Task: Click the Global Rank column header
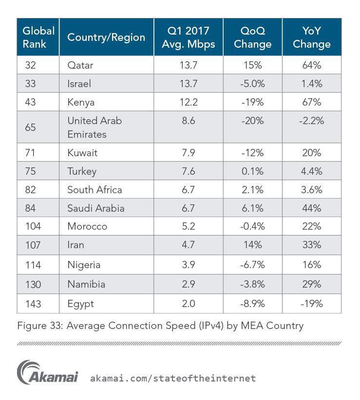[38, 37]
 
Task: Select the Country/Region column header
[106, 37]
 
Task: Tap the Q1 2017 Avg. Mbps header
[188, 37]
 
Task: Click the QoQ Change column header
[252, 37]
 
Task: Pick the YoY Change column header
[312, 37]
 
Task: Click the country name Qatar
[80, 65]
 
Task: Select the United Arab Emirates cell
[95, 127]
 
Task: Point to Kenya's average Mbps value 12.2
[188, 102]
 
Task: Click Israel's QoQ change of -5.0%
[252, 84]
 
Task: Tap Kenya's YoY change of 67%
[312, 102]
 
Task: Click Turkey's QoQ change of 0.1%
[252, 171]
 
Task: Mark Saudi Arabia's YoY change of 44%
[312, 208]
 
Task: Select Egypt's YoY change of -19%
[312, 304]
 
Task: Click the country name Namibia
[86, 284]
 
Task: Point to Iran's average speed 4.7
[188, 245]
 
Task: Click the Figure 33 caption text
[160, 326]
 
